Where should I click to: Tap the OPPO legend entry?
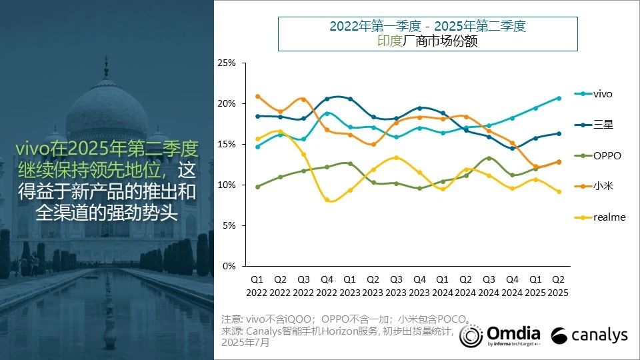click(x=606, y=155)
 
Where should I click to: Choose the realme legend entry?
click(x=609, y=217)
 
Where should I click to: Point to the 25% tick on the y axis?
click(x=227, y=63)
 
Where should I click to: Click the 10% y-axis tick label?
click(x=227, y=185)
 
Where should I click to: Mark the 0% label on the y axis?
click(x=229, y=266)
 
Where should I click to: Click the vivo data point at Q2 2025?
click(x=559, y=98)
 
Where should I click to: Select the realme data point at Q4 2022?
click(x=327, y=199)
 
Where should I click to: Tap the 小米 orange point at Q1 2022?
click(x=257, y=97)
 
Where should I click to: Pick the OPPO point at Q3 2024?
click(x=489, y=158)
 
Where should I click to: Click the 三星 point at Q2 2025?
click(x=559, y=133)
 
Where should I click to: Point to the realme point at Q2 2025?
click(x=559, y=192)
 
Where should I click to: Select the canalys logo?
click(x=589, y=335)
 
